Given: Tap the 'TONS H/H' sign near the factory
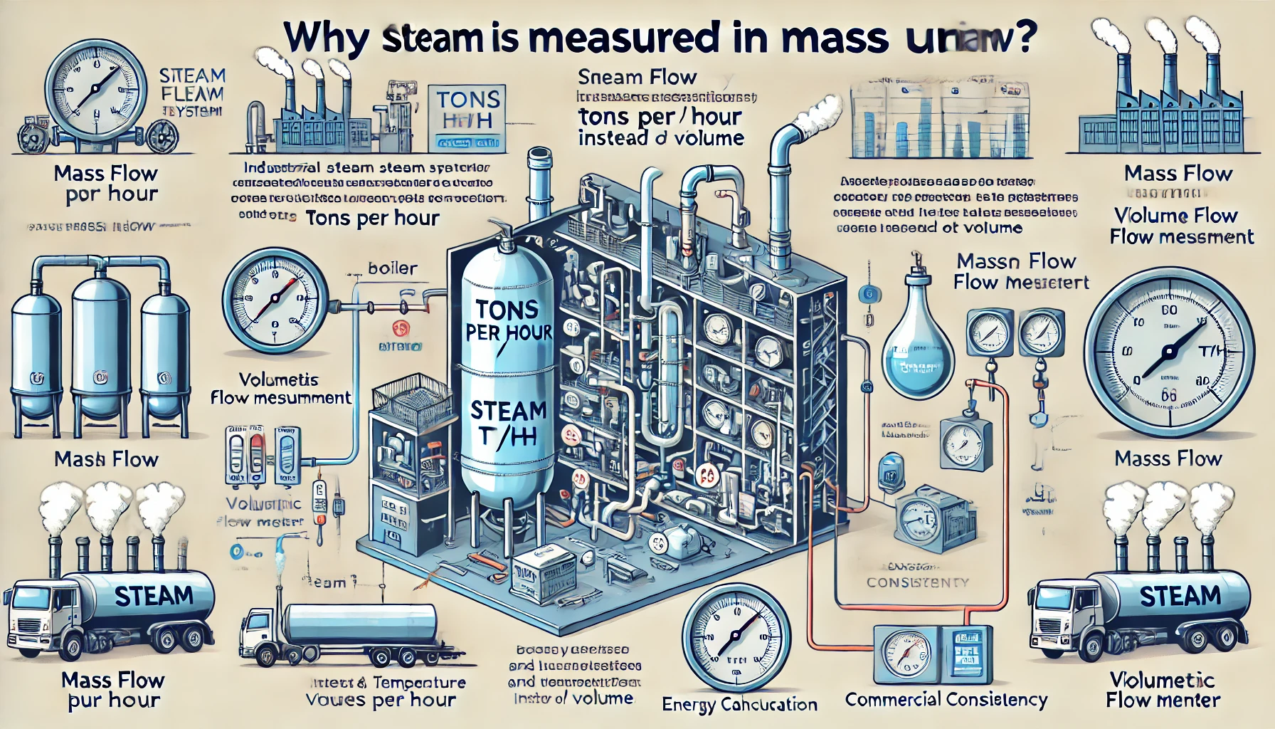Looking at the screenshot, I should (x=468, y=110).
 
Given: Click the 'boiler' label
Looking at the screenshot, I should (x=392, y=268).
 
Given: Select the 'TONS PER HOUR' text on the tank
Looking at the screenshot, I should (x=507, y=320).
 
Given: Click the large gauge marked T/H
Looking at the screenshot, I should (x=1168, y=352).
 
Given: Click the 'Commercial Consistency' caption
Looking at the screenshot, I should (x=946, y=700).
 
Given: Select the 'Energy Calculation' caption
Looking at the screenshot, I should (x=739, y=705).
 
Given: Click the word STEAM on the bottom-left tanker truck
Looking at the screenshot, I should (x=153, y=596).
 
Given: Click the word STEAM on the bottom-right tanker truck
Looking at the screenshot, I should (x=1179, y=596).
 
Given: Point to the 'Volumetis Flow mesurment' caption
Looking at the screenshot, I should (x=280, y=389).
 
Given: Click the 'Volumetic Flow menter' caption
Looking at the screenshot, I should (x=1163, y=690).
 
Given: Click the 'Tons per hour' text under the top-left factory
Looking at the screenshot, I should (x=372, y=218).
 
